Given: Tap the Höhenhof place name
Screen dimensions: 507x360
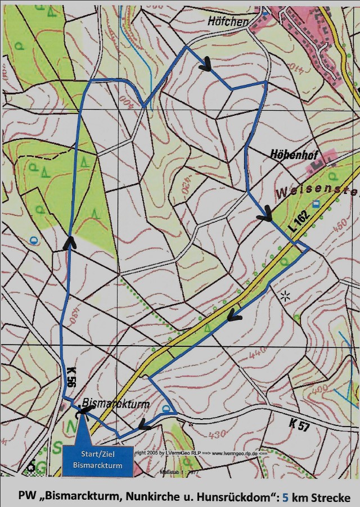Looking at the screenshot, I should click(x=291, y=153).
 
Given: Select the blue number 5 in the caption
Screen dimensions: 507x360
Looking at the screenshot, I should click(x=285, y=497).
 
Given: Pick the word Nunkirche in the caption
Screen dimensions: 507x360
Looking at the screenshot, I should click(x=146, y=497).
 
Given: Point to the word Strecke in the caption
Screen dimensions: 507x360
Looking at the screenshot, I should click(x=332, y=497).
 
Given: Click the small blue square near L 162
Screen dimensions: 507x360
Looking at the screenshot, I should click(x=316, y=203).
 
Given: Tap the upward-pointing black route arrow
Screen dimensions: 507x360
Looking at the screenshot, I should click(x=70, y=242).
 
